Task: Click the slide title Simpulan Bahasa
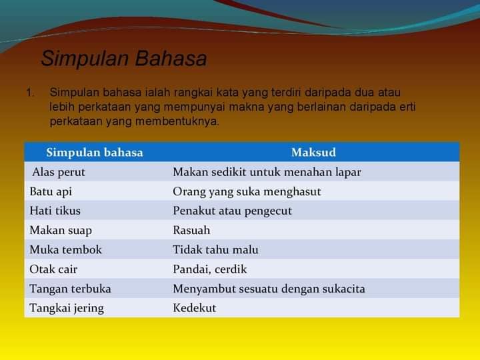[124, 59]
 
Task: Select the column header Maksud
[313, 152]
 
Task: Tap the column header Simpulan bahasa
[95, 152]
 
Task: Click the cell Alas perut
[59, 173]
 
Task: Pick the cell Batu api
[51, 192]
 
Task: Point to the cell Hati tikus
[55, 211]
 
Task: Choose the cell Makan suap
[61, 231]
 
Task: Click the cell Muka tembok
[65, 249]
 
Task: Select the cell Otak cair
[53, 269]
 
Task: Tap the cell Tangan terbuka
[71, 289]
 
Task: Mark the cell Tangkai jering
[67, 308]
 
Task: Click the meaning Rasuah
[191, 230]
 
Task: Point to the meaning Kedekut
[195, 308]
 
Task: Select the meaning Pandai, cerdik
[210, 269]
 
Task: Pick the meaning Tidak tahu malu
[216, 249]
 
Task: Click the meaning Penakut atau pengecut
[233, 211]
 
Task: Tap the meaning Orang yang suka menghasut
[247, 192]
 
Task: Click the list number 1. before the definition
[30, 93]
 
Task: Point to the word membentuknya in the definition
[177, 121]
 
